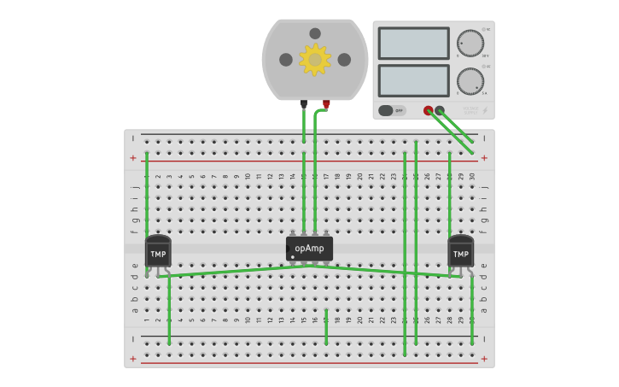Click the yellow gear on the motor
(x=315, y=60)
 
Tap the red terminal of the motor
(x=326, y=104)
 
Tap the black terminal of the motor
(x=304, y=103)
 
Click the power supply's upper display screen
(x=413, y=44)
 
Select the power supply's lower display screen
(x=413, y=80)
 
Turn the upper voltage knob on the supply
(x=470, y=44)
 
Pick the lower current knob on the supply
(x=470, y=81)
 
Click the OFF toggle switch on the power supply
(x=392, y=110)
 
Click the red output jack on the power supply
(x=429, y=110)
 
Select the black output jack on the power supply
(x=440, y=110)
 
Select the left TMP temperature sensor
(x=158, y=252)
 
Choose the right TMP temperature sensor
(x=460, y=252)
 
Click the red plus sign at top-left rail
(x=133, y=158)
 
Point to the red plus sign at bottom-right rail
(x=484, y=359)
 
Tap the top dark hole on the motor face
(x=315, y=33)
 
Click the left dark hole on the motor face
(x=286, y=60)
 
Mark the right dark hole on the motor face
(x=344, y=60)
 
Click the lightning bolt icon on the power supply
(x=485, y=110)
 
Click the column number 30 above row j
(x=472, y=177)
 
